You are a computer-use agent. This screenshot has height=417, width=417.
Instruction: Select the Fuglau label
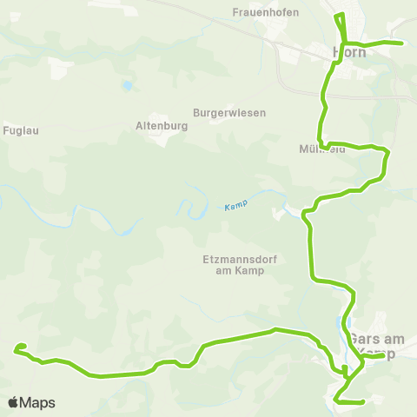pos(21,130)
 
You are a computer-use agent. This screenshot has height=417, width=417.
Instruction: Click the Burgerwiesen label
pos(229,113)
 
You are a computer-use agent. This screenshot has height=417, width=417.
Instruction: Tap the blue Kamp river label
pos(235,206)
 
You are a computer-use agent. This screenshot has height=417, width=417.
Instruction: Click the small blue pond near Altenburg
pos(127,86)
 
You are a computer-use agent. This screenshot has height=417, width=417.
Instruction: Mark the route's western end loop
pos(19,349)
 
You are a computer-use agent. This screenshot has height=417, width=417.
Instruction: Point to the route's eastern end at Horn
pos(402,43)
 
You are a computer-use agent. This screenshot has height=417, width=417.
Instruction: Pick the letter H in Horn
pos(338,51)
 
